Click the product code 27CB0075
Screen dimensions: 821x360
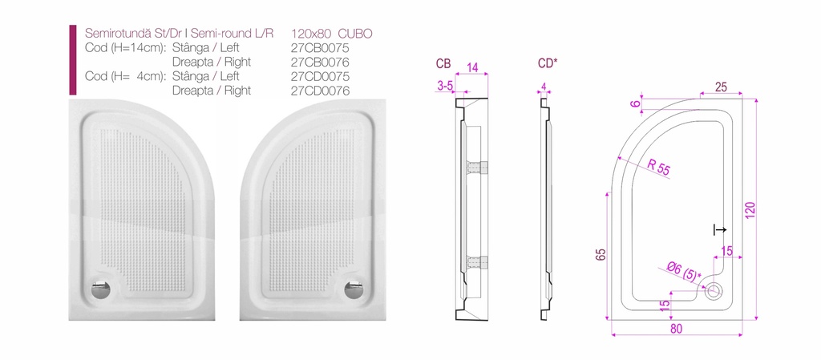tap(320, 48)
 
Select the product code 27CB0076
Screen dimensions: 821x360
tap(320, 63)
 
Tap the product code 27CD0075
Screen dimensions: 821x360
tap(320, 76)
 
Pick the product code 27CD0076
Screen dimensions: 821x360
tap(320, 91)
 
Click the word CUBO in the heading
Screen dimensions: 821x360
tap(355, 34)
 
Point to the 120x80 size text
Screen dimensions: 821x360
tap(311, 34)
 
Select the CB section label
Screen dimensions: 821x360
tap(443, 63)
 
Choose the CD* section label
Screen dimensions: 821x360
tap(548, 63)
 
